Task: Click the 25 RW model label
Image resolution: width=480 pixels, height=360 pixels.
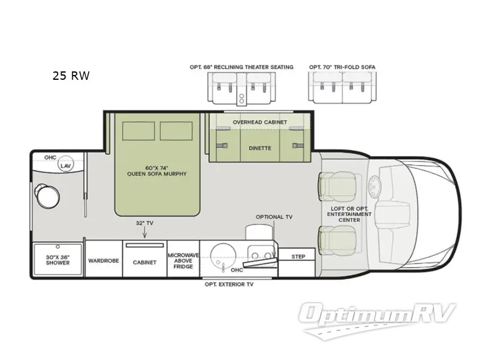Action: (71, 76)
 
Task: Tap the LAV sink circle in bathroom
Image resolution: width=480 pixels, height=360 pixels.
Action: (65, 164)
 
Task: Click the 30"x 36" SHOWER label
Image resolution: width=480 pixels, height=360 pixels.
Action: (58, 260)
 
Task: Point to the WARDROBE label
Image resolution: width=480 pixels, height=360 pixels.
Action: (103, 261)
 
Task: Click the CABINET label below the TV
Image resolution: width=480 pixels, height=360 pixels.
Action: (145, 262)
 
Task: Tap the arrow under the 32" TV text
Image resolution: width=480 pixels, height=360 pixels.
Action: (145, 233)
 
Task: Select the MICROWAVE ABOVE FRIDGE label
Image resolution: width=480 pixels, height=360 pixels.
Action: (183, 261)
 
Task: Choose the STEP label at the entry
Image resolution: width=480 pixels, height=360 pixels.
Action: (298, 257)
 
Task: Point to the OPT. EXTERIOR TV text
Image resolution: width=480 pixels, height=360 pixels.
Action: (229, 284)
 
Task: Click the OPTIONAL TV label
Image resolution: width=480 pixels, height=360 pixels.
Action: (274, 217)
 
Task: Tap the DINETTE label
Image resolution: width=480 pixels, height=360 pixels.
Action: (260, 148)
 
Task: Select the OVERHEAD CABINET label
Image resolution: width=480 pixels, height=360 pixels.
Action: (260, 122)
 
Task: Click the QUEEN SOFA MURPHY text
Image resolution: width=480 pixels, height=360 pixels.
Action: (157, 174)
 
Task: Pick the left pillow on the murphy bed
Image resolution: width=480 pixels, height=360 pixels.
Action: (139, 131)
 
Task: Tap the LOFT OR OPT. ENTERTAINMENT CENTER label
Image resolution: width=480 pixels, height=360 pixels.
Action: (349, 214)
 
